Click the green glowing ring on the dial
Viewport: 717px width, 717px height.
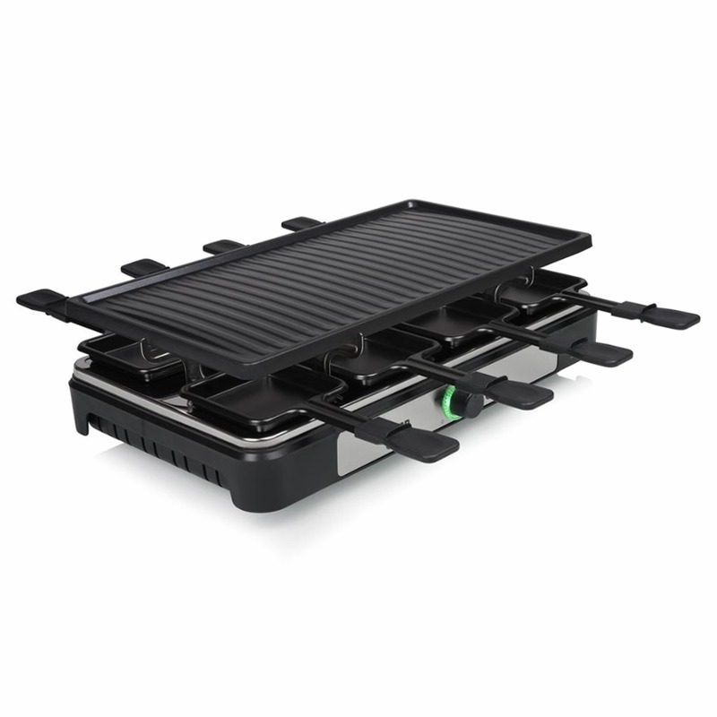pos(451,405)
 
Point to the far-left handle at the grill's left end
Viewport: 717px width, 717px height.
pos(40,300)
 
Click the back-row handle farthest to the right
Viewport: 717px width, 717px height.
pos(301,222)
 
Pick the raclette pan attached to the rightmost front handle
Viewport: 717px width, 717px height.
pos(529,294)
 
